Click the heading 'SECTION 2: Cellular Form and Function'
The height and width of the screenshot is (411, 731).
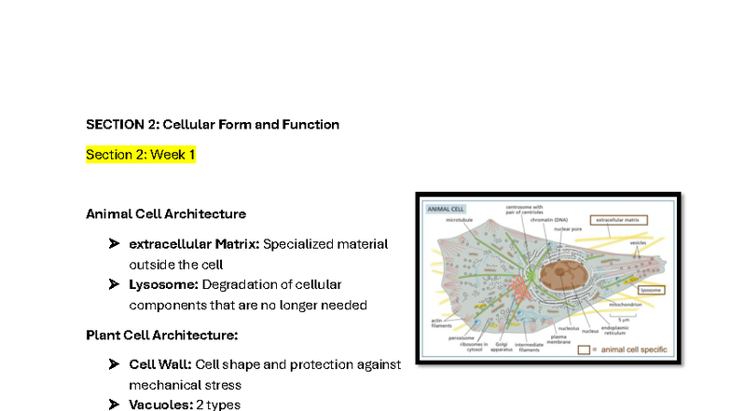pyautogui.click(x=213, y=124)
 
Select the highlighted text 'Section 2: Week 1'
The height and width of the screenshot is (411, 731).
pyautogui.click(x=141, y=155)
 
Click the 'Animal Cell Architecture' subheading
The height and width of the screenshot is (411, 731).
pyautogui.click(x=166, y=213)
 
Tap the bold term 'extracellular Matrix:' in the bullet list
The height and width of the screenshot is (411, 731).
pyautogui.click(x=194, y=244)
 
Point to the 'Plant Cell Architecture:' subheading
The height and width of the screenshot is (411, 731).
pyautogui.click(x=162, y=335)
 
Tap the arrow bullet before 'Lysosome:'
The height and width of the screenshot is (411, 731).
pyautogui.click(x=114, y=284)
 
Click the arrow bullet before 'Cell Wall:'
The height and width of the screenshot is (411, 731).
pyautogui.click(x=114, y=363)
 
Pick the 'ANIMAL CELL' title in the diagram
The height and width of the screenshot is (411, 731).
pyautogui.click(x=446, y=209)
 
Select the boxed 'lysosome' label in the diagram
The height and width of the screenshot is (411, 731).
pyautogui.click(x=650, y=290)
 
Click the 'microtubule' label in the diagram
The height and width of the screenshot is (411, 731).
pyautogui.click(x=460, y=221)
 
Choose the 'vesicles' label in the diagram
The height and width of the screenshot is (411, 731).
pyautogui.click(x=639, y=242)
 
